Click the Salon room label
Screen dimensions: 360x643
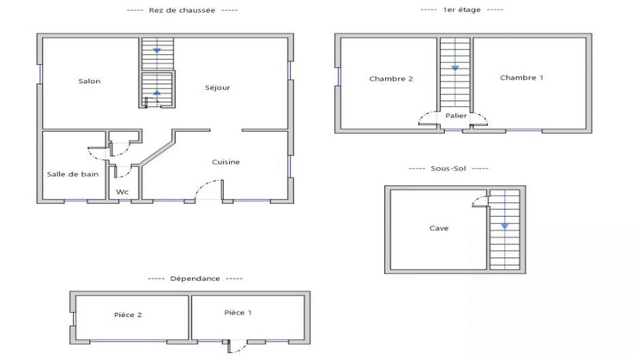(89, 81)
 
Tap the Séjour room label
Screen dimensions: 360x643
(218, 87)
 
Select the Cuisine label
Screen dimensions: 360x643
(226, 162)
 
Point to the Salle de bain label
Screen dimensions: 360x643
(72, 174)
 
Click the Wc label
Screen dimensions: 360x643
(123, 192)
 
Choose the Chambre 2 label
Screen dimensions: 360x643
(391, 79)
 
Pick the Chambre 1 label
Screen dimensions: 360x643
(521, 78)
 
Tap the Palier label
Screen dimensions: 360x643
(455, 115)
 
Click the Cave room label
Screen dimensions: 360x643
(439, 229)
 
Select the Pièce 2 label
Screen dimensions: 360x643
(128, 315)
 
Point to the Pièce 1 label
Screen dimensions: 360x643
(237, 313)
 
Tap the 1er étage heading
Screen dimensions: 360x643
(461, 9)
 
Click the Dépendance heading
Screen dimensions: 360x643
(195, 279)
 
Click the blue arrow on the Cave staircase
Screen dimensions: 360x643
(504, 225)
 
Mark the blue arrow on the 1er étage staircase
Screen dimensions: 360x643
(454, 67)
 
